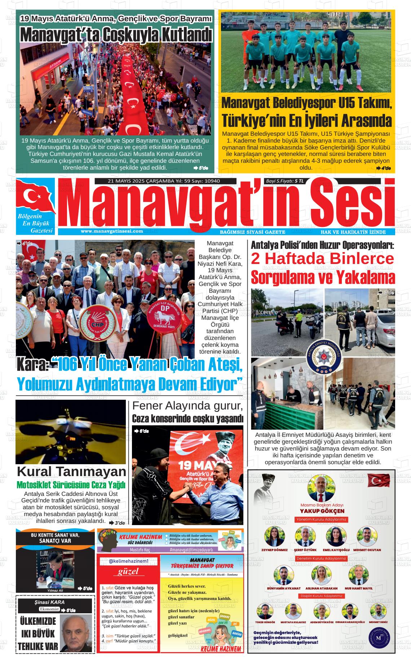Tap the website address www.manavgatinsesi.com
(x=112, y=231)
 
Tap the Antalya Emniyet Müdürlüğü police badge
(x=322, y=355)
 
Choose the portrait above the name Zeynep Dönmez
(x=274, y=537)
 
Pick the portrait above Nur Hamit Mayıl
(x=358, y=575)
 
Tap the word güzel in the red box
(x=128, y=572)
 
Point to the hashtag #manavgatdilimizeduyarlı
(x=191, y=550)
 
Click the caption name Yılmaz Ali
(x=55, y=590)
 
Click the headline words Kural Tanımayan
(x=71, y=471)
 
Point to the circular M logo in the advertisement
(x=378, y=637)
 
